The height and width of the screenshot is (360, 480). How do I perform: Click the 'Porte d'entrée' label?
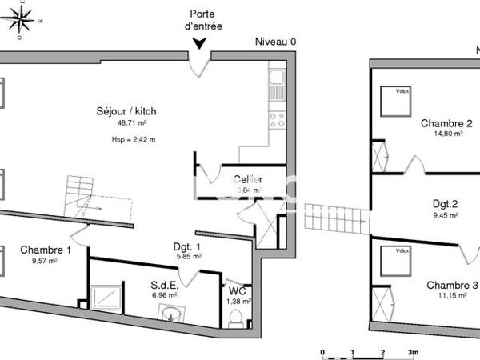pos(202,20)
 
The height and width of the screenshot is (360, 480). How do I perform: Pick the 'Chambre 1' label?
pos(46,249)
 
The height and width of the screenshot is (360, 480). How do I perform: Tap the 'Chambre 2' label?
pos(446,123)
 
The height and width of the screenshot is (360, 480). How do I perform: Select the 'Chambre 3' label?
pos(452,285)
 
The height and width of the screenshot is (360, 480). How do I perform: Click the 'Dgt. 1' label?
pos(186,246)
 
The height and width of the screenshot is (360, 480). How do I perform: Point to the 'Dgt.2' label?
pos(445,203)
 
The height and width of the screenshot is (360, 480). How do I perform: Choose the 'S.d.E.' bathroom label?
pos(165,284)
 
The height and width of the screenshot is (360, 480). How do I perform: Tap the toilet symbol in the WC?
pos(236,318)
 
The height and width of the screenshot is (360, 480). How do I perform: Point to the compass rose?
pos(18,17)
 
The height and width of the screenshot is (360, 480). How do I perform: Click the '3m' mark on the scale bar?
pos(413,352)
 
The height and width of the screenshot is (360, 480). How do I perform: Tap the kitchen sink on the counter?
pos(277,78)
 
